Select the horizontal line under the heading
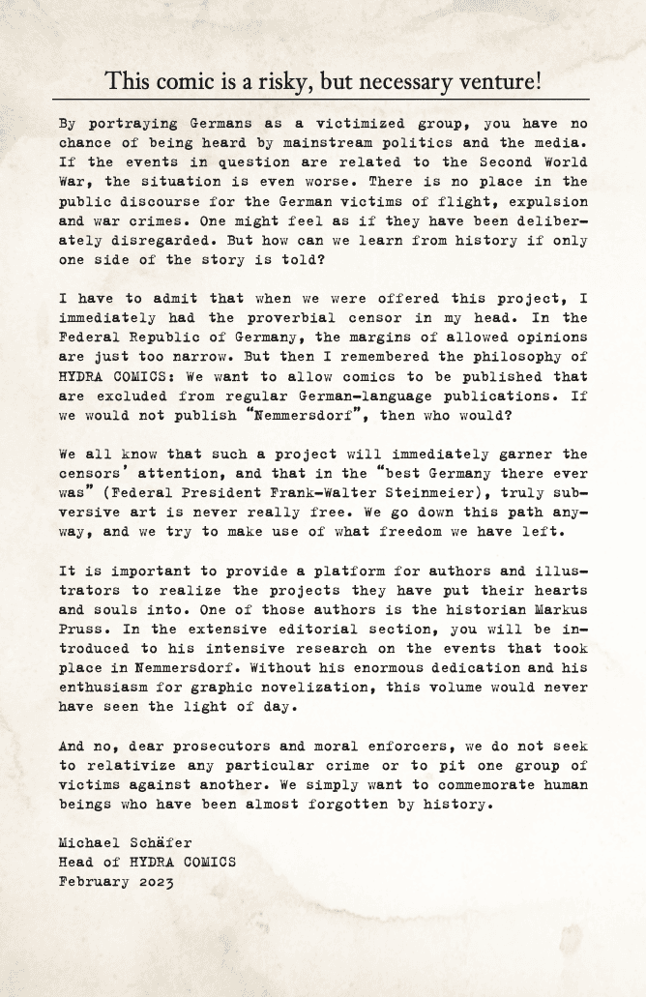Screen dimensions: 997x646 coord(322,100)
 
